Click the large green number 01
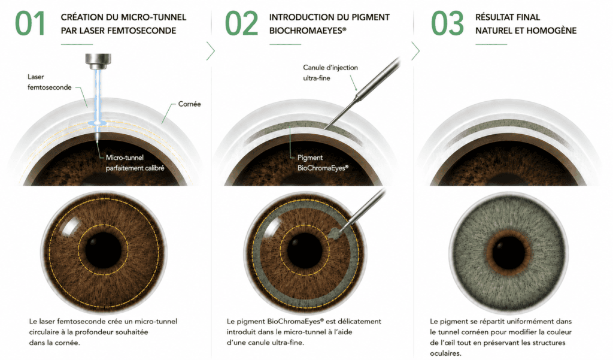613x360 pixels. (x=30, y=23)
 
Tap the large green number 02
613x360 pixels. (x=242, y=23)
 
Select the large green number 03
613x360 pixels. (x=447, y=23)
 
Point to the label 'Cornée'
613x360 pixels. (x=189, y=104)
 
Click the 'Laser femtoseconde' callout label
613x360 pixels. (x=49, y=82)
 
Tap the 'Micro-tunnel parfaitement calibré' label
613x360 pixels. (x=135, y=163)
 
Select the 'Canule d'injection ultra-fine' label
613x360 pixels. (x=330, y=73)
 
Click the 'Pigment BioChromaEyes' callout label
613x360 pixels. (x=323, y=163)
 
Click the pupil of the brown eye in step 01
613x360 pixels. (x=103, y=250)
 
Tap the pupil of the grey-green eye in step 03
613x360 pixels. (x=509, y=252)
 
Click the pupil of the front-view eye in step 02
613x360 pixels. (x=305, y=250)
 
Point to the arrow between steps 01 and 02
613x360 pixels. (x=211, y=51)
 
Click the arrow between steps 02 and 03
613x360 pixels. (x=415, y=51)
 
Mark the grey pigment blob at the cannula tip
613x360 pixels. (x=334, y=234)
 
